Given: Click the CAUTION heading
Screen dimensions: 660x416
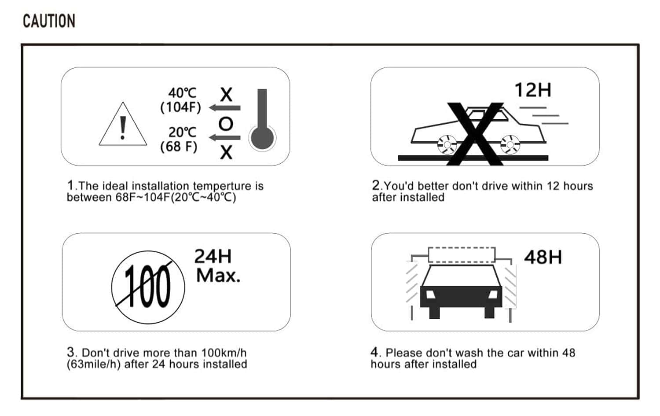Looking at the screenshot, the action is [49, 21].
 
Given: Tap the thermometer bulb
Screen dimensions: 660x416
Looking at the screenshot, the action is [262, 138].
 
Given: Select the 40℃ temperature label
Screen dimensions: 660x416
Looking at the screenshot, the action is [182, 93].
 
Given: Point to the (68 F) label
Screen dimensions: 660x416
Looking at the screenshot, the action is [179, 146].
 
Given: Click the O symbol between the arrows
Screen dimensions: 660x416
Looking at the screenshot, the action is [226, 124].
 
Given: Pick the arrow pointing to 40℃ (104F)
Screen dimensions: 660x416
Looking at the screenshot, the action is [224, 108].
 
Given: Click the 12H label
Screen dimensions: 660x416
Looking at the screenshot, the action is [533, 90].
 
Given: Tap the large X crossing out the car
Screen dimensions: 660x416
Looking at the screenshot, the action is [475, 134].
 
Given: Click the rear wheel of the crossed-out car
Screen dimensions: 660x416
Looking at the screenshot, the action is [447, 145].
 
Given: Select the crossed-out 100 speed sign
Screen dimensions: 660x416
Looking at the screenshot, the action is [148, 287].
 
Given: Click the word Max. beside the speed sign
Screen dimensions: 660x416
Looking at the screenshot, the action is [218, 276].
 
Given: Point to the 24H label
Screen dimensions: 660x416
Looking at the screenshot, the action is [213, 256].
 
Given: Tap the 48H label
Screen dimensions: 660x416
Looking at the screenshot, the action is [543, 257].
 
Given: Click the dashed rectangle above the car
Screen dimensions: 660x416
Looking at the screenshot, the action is [462, 255].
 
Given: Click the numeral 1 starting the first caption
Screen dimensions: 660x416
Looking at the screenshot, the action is [70, 185].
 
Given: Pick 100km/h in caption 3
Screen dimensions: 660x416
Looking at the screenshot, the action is [224, 353].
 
